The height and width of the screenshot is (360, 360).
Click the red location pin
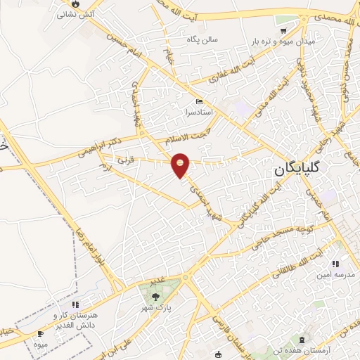click(x=181, y=165)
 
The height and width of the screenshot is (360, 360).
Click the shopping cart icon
click(x=283, y=31)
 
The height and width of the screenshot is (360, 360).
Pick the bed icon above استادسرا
click(x=198, y=102)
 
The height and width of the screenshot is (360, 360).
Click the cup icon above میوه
click(x=40, y=333)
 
